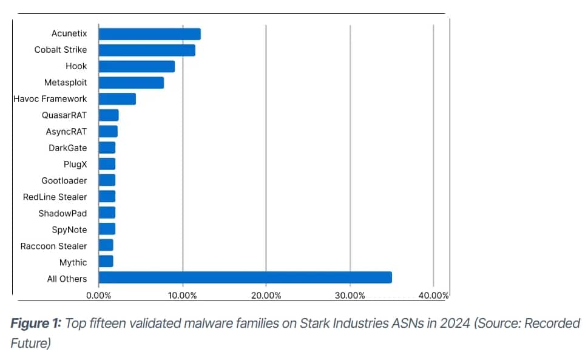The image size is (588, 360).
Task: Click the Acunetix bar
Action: pyautogui.click(x=149, y=34)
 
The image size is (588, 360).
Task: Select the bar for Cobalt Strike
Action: pyautogui.click(x=147, y=50)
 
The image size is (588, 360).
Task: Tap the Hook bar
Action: pyautogui.click(x=137, y=67)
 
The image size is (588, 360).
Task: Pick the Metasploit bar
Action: pyautogui.click(x=131, y=83)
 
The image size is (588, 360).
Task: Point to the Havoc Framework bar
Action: pyautogui.click(x=117, y=99)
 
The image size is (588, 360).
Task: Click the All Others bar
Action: pyautogui.click(x=245, y=278)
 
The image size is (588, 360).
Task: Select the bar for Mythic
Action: pyautogui.click(x=106, y=262)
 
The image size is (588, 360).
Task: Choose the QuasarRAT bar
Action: pyautogui.click(x=109, y=115)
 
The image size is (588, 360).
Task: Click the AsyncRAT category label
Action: pyautogui.click(x=66, y=132)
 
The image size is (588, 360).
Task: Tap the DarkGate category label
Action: pyautogui.click(x=68, y=148)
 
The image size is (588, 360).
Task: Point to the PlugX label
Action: pyautogui.click(x=75, y=164)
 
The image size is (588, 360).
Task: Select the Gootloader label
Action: pyautogui.click(x=64, y=180)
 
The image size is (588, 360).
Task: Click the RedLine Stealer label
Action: pyautogui.click(x=55, y=197)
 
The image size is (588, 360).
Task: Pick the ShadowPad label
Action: pyautogui.click(x=63, y=213)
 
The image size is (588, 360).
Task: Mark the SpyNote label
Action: pyautogui.click(x=69, y=229)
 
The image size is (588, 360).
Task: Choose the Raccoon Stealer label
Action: pyautogui.click(x=53, y=246)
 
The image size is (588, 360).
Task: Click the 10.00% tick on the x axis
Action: pyautogui.click(x=182, y=296)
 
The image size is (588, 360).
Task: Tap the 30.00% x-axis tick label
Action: pyautogui.click(x=350, y=296)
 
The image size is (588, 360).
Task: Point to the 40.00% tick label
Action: pyautogui.click(x=433, y=296)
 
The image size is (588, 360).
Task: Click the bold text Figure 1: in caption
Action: pyautogui.click(x=36, y=324)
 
